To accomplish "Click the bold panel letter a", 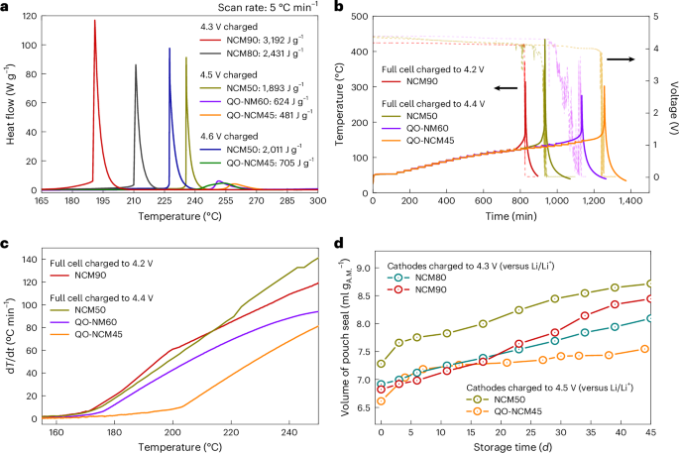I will (6, 7).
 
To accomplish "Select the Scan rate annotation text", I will (238, 9).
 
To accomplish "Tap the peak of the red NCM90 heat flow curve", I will (95, 21).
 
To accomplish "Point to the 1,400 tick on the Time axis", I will (624, 201).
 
